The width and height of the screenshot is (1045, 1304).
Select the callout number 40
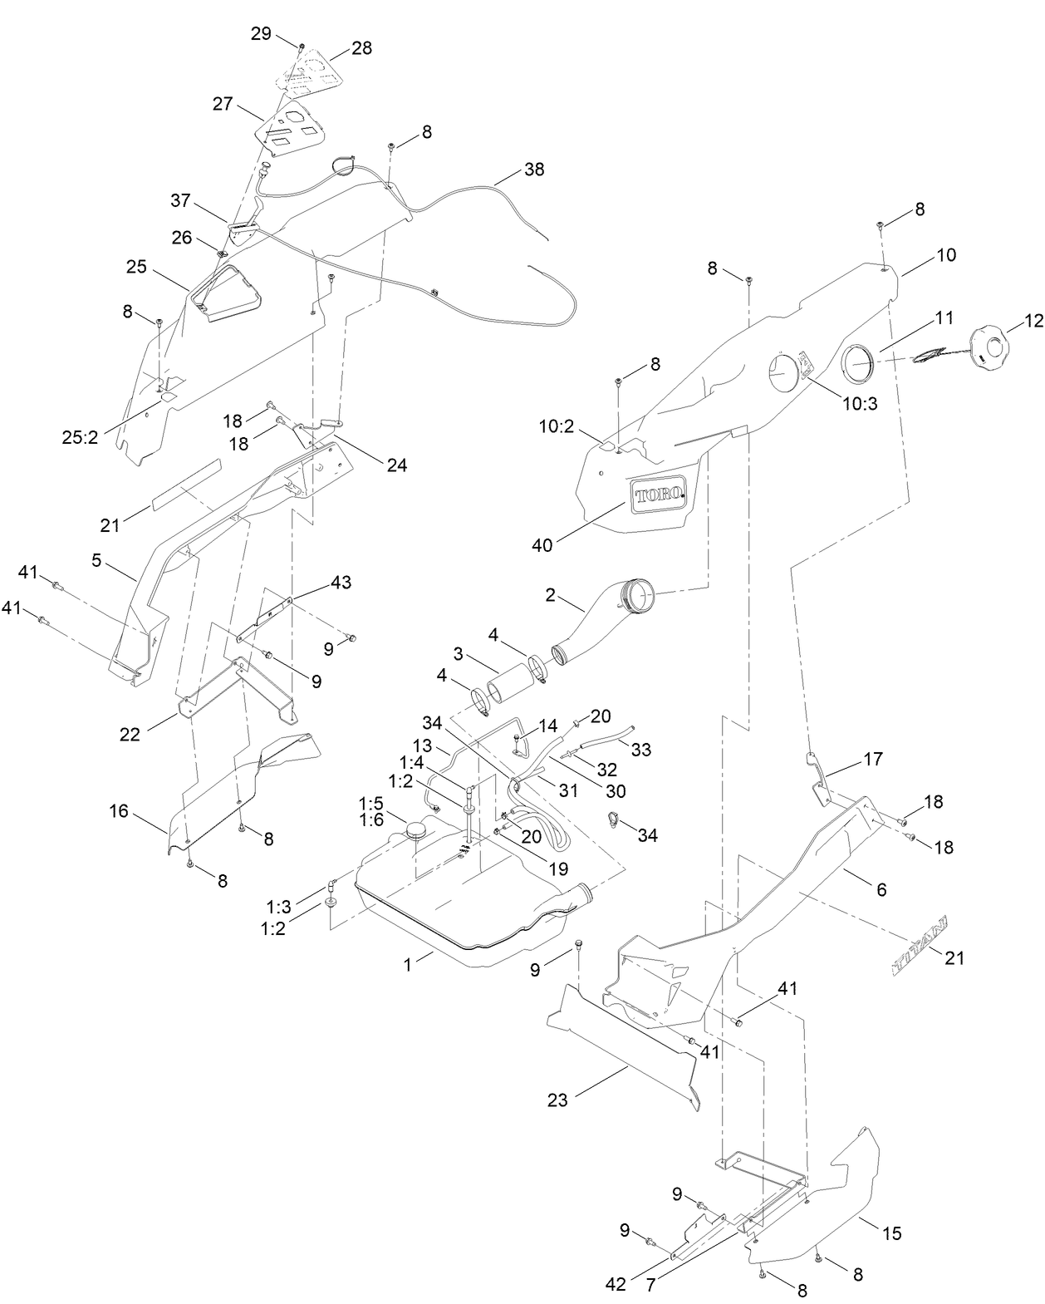tap(542, 544)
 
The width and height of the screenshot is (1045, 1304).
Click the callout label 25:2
tap(81, 436)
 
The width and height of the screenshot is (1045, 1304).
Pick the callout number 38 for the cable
tap(534, 169)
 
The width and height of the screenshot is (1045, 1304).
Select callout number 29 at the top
tap(261, 33)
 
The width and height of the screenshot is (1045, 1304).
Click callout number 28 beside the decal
tap(361, 48)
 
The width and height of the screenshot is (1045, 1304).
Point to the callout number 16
tap(119, 810)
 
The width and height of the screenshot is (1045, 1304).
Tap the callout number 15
tap(891, 1233)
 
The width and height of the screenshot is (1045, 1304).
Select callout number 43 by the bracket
tap(341, 583)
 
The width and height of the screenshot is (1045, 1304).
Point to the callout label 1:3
tap(278, 904)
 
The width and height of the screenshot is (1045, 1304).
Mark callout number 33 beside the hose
tap(640, 750)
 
